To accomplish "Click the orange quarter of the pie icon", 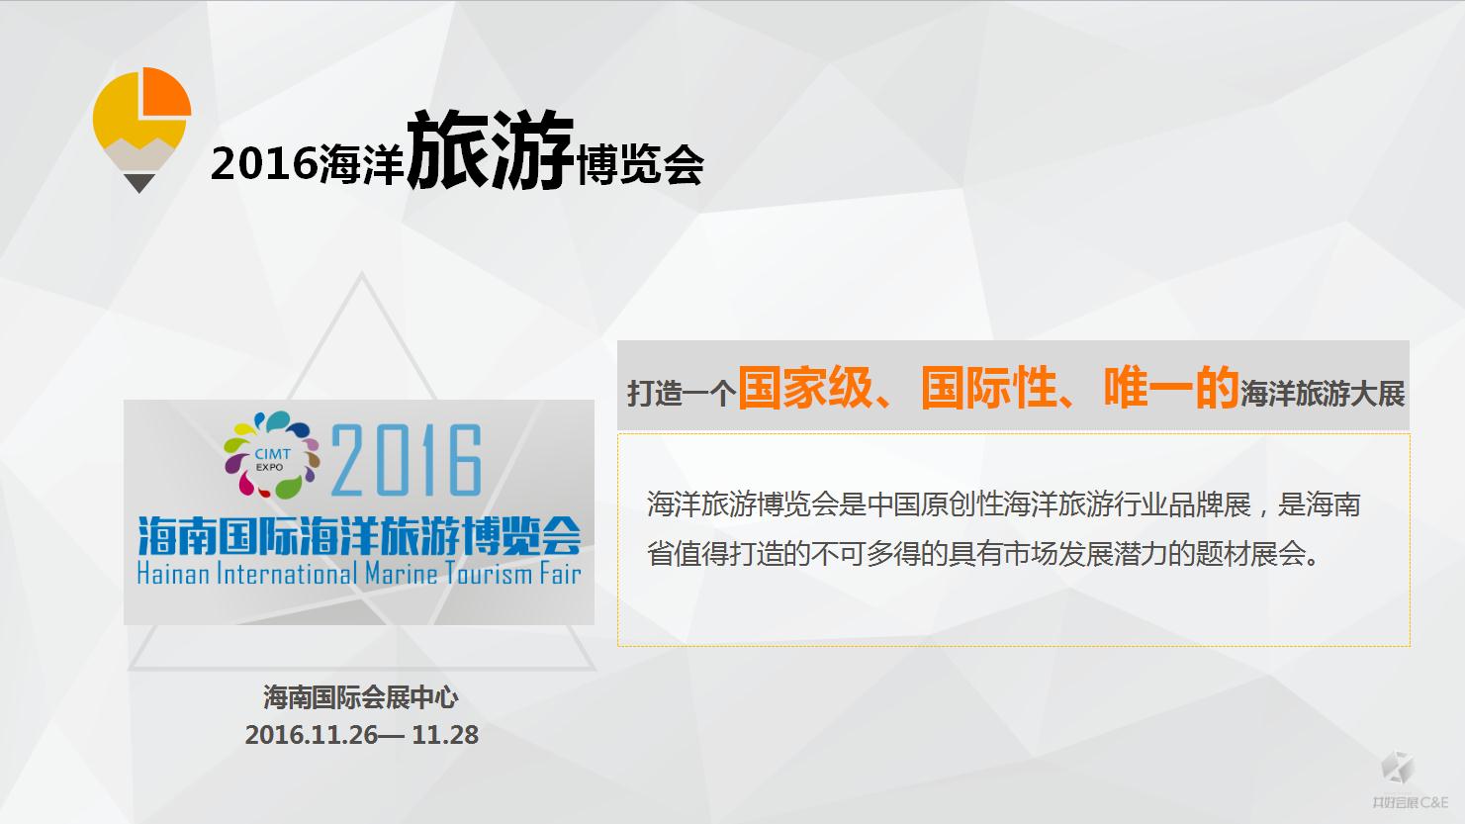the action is [165, 92].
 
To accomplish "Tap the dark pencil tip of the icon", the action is [139, 183].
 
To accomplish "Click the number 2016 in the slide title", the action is [264, 163].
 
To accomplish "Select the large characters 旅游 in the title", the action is [491, 150].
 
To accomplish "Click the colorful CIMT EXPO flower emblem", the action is [271, 455].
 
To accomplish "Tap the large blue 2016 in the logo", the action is [407, 460].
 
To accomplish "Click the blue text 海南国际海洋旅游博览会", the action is [359, 536].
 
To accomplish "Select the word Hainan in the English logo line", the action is [173, 574].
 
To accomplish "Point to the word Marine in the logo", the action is [401, 574].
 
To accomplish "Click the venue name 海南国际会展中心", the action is [361, 697].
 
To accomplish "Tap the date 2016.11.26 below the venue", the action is [312, 735].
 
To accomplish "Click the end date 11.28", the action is [445, 735].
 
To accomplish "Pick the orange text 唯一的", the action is [1171, 387].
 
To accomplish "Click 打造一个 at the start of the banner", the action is [683, 394].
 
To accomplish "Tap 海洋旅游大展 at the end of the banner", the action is [1323, 394].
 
